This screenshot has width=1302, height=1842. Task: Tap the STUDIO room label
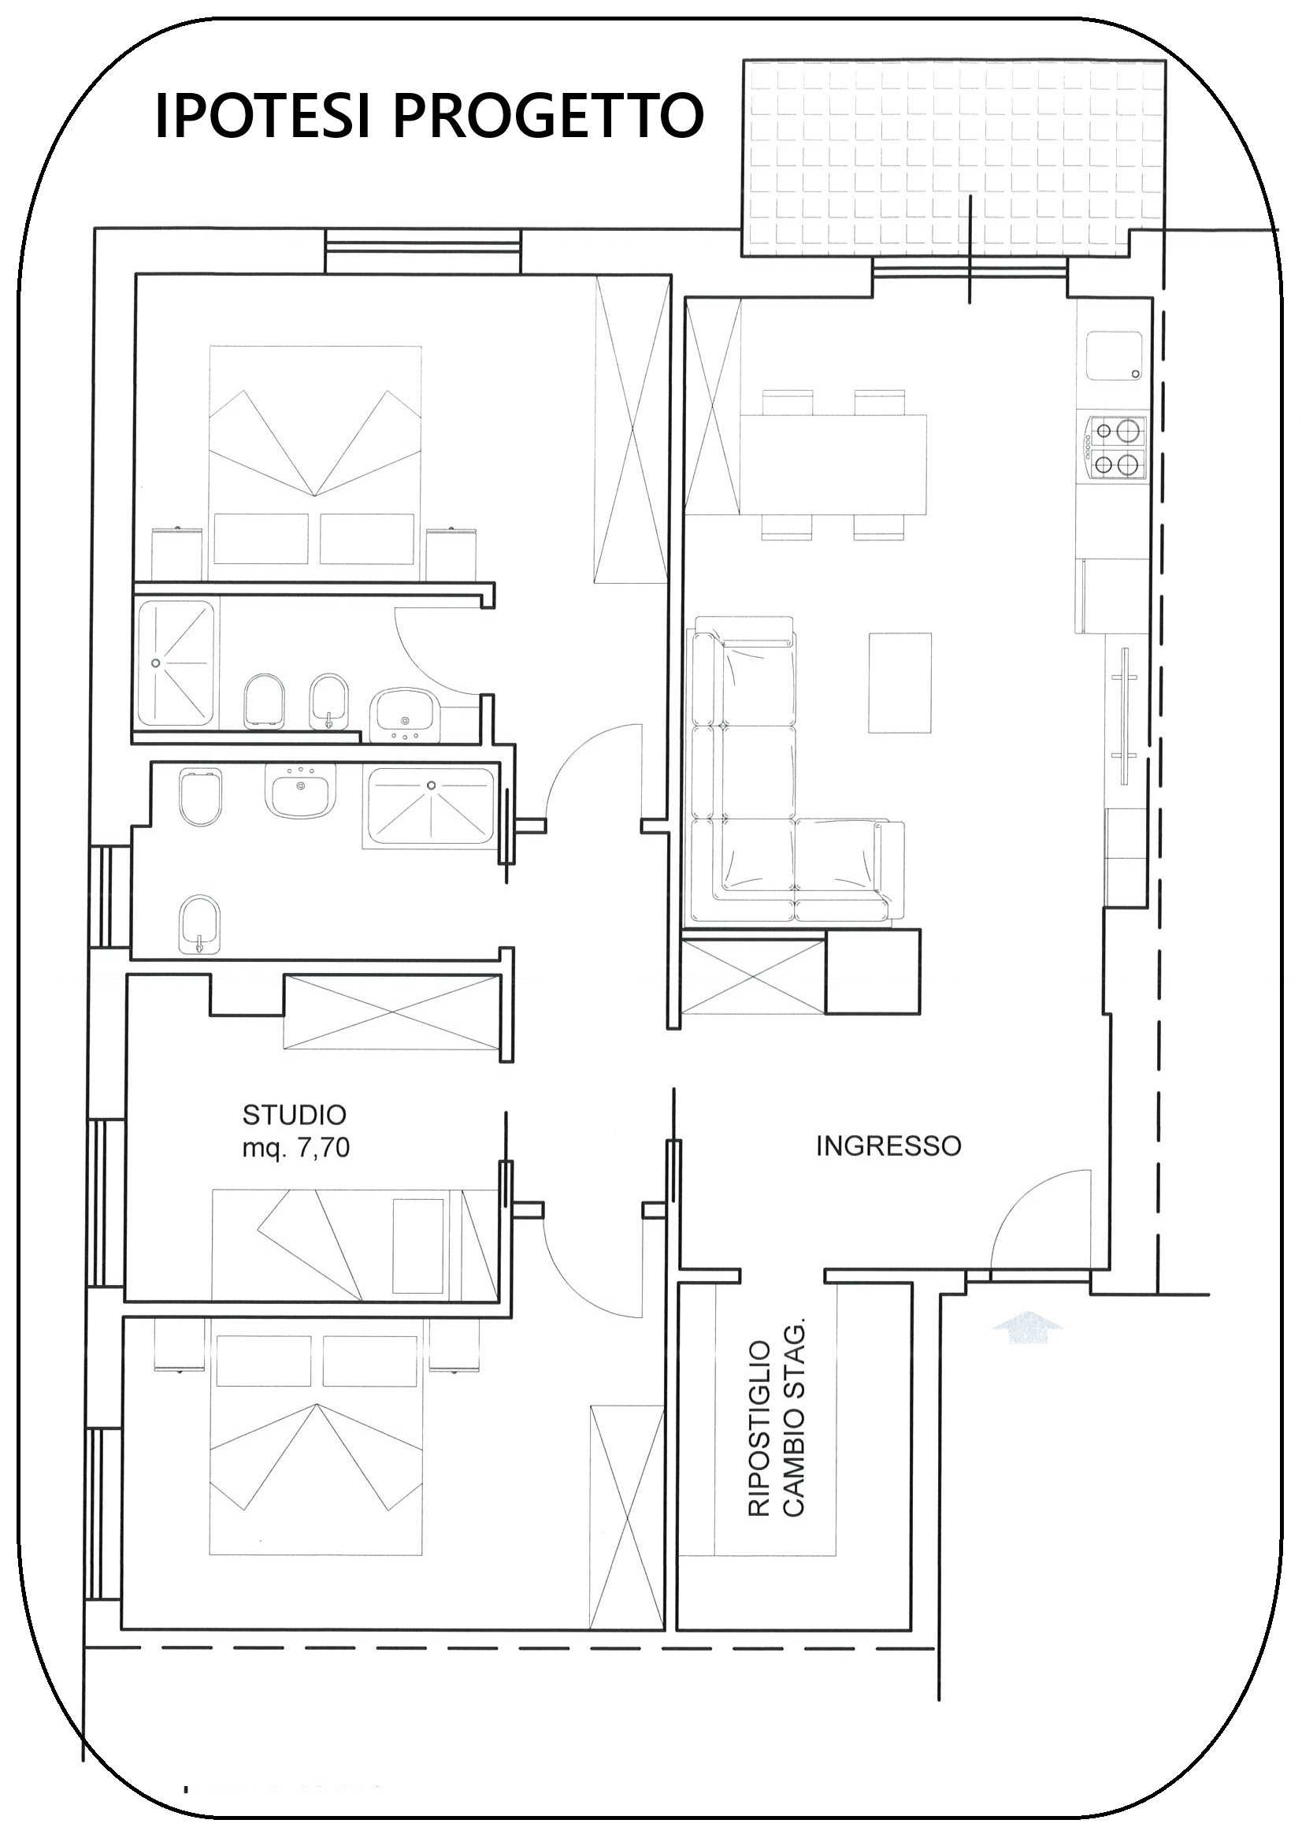(x=295, y=1114)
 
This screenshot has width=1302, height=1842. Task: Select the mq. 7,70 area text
(x=296, y=1148)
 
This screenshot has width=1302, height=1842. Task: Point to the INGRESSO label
(x=888, y=1146)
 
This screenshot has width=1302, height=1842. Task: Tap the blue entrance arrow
(x=1027, y=1326)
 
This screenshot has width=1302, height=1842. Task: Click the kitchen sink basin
(x=1115, y=356)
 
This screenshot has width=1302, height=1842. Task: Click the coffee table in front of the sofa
(x=900, y=683)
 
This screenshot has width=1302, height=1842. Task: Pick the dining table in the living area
(x=833, y=465)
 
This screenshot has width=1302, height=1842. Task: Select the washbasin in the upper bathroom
(x=402, y=712)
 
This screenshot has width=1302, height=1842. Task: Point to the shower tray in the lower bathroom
(x=431, y=808)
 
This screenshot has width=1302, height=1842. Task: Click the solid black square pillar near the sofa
(x=873, y=971)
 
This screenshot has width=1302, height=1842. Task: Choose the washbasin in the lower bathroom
(x=301, y=790)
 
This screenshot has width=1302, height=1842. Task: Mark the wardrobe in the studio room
(x=393, y=1012)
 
